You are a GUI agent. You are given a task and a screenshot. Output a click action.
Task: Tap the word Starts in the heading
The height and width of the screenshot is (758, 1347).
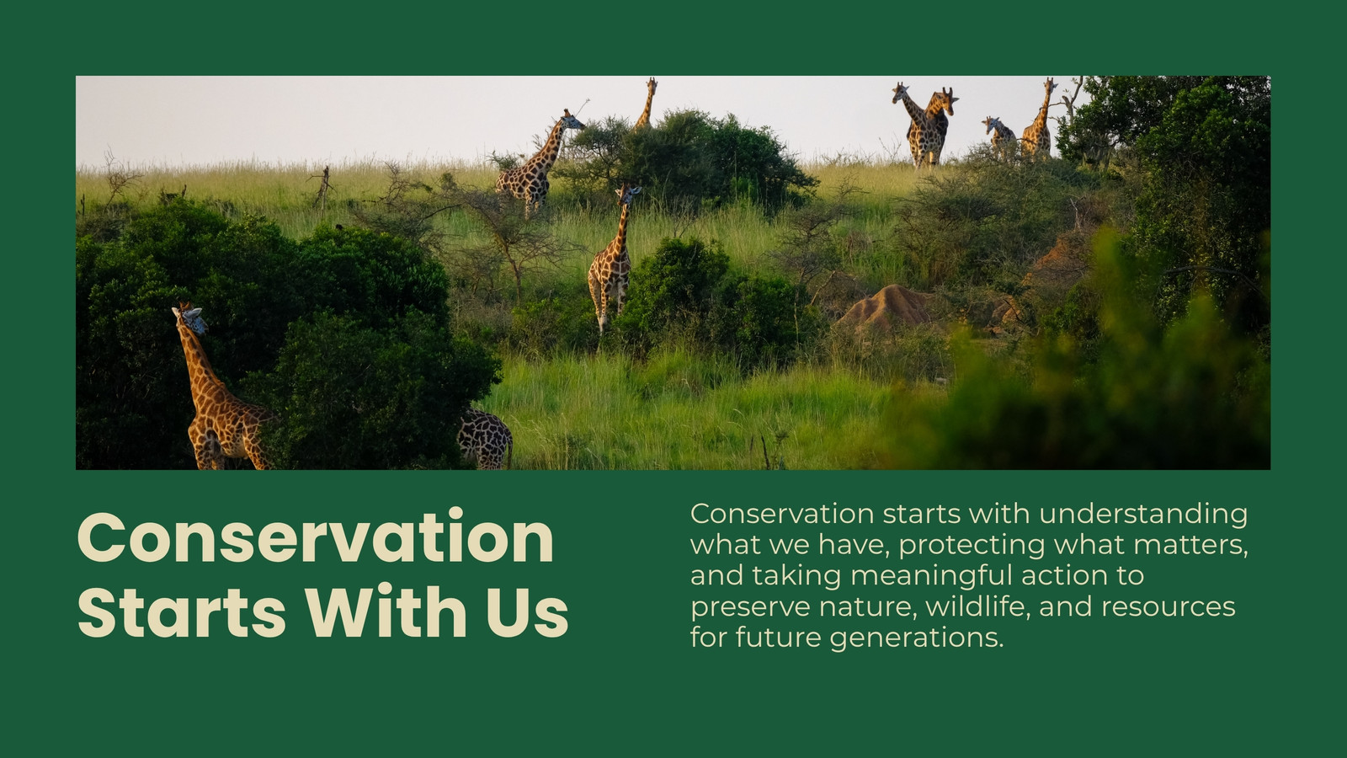point(182,610)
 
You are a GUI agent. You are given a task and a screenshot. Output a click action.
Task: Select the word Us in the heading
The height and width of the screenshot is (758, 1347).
point(527,610)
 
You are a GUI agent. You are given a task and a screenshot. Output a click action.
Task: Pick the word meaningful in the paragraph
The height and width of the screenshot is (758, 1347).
point(931,577)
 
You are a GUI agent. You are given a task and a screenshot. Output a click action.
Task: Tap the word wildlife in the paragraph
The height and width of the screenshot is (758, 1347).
point(977,606)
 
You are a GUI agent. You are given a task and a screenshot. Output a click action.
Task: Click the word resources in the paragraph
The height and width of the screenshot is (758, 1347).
point(1169,607)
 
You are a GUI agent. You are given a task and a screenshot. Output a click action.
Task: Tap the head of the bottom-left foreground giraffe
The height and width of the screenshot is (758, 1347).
point(191,319)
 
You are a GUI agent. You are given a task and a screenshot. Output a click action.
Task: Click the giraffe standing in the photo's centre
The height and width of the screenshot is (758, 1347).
point(612,259)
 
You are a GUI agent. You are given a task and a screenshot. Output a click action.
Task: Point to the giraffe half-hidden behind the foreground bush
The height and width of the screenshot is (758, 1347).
point(485,438)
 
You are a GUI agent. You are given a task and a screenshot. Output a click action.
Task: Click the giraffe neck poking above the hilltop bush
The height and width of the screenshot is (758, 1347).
point(647,103)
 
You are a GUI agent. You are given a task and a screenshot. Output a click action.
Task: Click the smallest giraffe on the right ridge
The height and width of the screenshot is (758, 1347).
point(998,137)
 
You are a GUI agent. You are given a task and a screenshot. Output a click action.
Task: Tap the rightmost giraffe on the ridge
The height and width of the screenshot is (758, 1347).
point(1039,120)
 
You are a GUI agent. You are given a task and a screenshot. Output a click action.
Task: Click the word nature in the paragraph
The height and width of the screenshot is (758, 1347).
point(867,607)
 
